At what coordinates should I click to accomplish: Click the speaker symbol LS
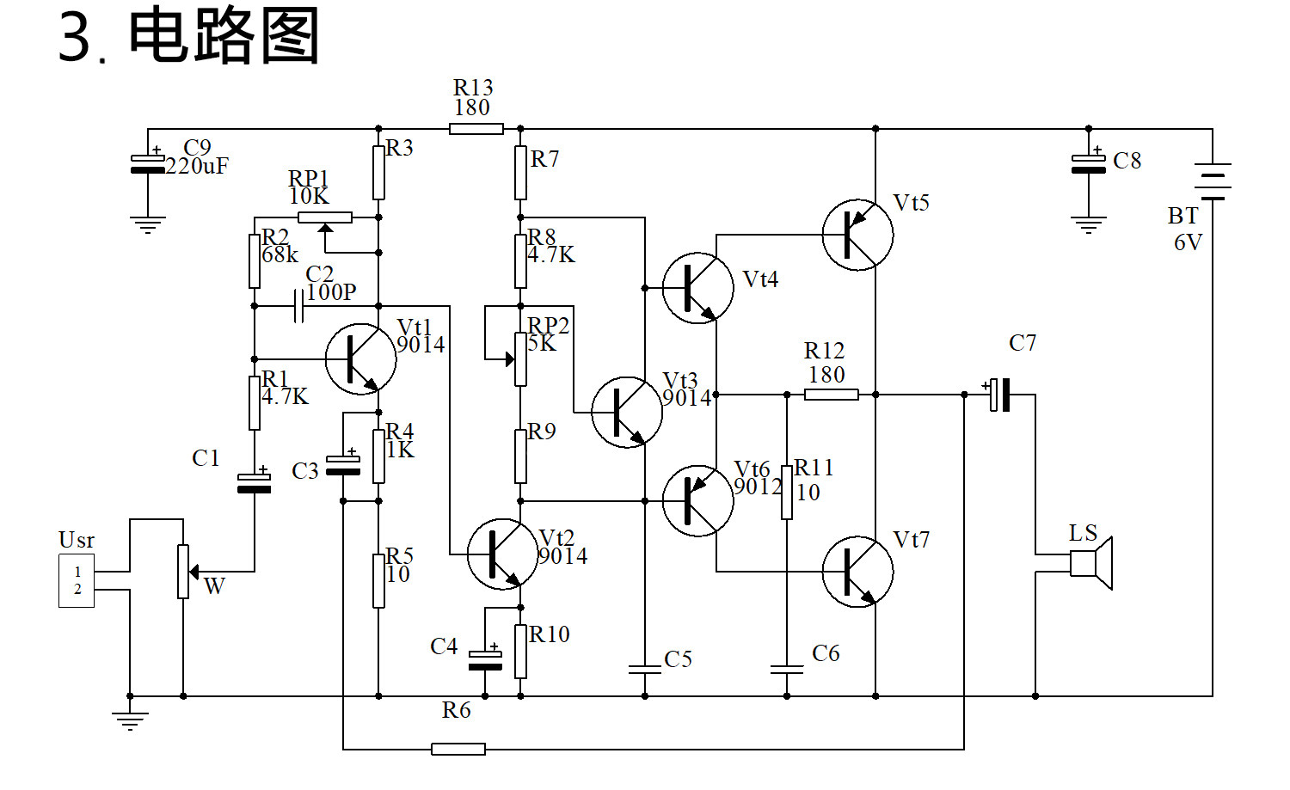(1090, 563)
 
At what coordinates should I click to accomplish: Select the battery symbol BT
(1213, 181)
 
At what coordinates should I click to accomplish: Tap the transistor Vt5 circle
(857, 235)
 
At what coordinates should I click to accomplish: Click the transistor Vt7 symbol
(857, 571)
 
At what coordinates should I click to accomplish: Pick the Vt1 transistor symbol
(360, 358)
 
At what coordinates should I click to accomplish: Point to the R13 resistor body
(476, 129)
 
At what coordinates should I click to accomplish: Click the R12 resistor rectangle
(831, 395)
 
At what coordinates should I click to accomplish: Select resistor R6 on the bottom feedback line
(458, 749)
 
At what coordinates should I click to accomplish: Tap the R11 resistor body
(787, 493)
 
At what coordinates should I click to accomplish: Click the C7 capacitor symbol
(999, 395)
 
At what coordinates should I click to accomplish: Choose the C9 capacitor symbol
(147, 163)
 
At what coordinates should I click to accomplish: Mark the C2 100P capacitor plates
(298, 306)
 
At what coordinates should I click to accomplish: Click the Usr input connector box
(77, 580)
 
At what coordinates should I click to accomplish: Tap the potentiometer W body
(183, 571)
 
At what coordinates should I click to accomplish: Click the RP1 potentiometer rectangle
(325, 217)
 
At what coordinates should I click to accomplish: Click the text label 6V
(1188, 242)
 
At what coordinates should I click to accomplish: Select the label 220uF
(197, 167)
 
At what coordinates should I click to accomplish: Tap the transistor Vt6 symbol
(698, 501)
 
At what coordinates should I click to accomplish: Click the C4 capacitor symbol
(485, 660)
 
